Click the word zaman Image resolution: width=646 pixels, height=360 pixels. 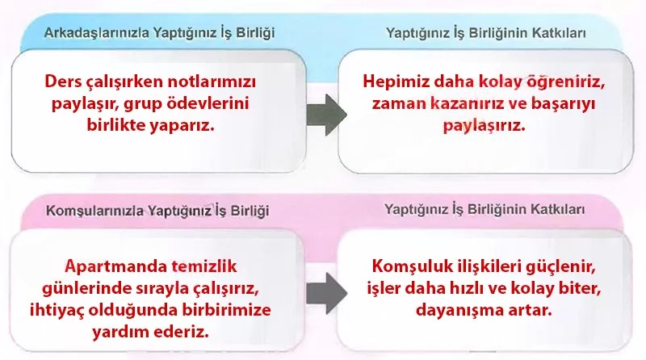tap(401, 105)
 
